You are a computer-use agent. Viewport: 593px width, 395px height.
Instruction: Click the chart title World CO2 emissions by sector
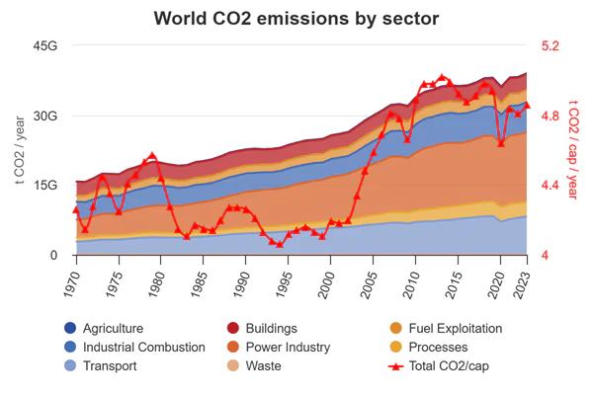tap(296, 19)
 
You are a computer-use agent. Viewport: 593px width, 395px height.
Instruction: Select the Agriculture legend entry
tap(113, 329)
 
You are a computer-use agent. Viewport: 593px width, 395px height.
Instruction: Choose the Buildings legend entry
tap(265, 329)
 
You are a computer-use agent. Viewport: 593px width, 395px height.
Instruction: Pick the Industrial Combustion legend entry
tap(143, 348)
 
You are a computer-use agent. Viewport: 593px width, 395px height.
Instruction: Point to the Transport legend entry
tap(110, 366)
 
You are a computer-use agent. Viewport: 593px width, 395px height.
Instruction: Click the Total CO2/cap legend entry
tap(444, 366)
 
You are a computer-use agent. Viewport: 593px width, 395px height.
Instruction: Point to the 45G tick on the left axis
tap(45, 46)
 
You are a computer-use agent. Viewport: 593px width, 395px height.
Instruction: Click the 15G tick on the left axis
tap(45, 186)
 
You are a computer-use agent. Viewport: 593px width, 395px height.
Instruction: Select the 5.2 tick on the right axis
tap(551, 46)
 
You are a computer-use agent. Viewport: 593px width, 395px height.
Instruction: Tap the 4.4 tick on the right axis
tap(551, 186)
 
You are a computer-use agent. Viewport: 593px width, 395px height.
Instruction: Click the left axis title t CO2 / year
tap(20, 150)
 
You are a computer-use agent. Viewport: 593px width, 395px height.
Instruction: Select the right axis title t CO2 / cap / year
tap(572, 150)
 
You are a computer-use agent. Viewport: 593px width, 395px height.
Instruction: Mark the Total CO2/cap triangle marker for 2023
tap(527, 105)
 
